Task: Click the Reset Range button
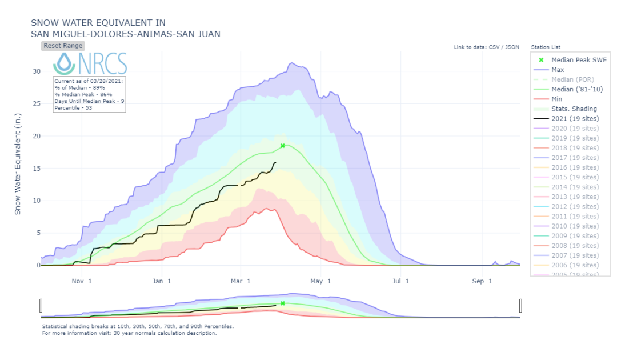click(x=63, y=46)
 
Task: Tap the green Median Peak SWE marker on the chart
click(x=283, y=146)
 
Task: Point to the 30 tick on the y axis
click(x=36, y=71)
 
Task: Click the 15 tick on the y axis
click(x=36, y=169)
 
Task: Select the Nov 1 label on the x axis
click(x=82, y=281)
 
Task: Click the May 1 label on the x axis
click(x=322, y=281)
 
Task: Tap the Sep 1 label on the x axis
click(x=482, y=281)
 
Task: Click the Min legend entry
click(x=557, y=99)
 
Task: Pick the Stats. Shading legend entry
click(x=574, y=109)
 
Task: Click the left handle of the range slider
click(x=41, y=306)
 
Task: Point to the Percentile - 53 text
click(x=73, y=107)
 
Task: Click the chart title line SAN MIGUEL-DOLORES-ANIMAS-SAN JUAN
click(x=125, y=34)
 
